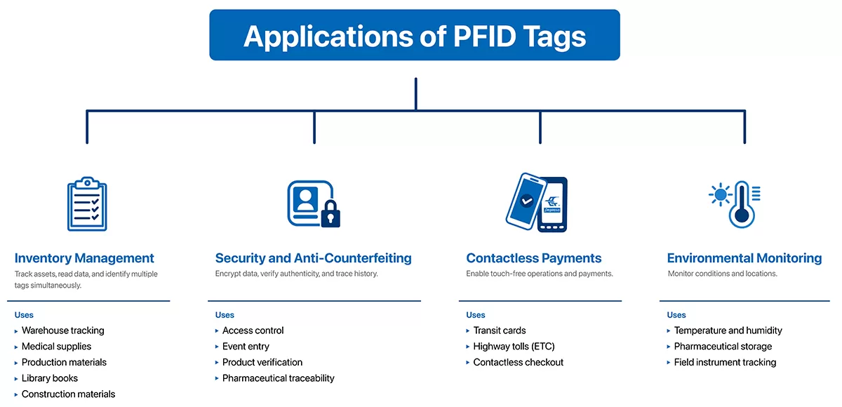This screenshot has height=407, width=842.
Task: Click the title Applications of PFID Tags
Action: point(415,36)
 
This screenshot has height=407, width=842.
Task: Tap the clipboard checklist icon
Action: point(87,204)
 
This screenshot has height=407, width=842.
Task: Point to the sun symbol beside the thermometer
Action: point(719,194)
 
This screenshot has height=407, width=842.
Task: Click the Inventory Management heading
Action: point(84,258)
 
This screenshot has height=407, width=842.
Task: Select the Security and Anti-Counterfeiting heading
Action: point(313,258)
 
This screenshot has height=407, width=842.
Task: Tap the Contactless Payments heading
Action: point(534,258)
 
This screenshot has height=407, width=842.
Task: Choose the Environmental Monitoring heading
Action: point(744,258)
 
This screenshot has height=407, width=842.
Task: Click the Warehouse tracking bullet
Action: point(62,331)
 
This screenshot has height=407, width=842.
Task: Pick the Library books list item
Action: point(50,378)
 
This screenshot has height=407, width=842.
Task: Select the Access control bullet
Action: point(253,331)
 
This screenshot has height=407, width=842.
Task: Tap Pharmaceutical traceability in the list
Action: point(278,378)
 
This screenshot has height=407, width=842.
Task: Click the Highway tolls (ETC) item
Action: point(514,346)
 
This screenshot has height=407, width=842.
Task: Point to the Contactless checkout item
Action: point(518,362)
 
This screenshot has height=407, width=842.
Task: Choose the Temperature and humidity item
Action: point(728,331)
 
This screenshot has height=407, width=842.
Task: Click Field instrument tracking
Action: point(725,362)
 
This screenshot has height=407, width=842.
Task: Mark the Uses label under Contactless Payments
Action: point(476,315)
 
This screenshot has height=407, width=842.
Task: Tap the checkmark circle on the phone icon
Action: point(526,201)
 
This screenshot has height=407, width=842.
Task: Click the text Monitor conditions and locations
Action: point(722,274)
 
